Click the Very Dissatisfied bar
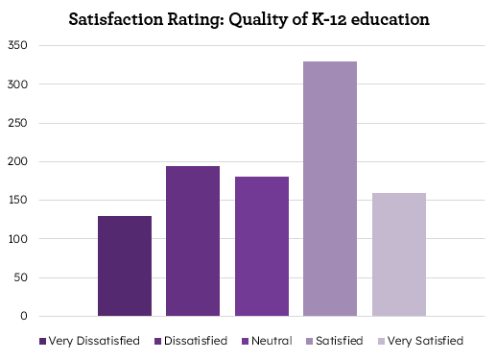(x=125, y=266)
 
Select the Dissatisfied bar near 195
(x=193, y=241)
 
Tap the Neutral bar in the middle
(x=262, y=246)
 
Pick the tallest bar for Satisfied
(x=330, y=188)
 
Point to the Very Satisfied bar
(x=399, y=254)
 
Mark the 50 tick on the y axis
(x=22, y=277)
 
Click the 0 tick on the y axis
(x=25, y=317)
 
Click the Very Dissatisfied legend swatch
(x=43, y=341)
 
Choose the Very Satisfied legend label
(x=427, y=341)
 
